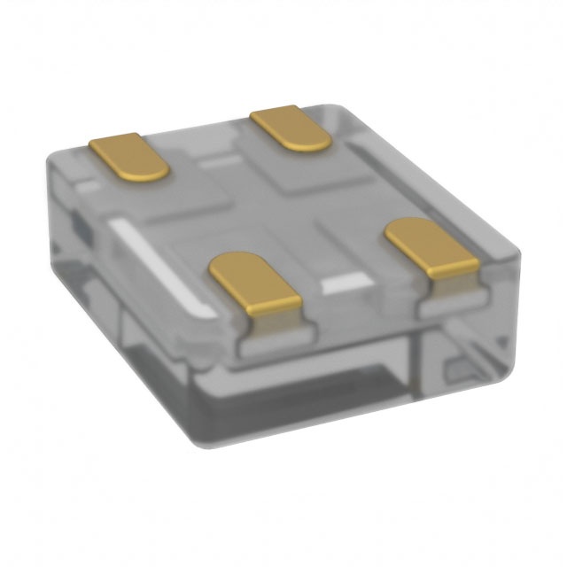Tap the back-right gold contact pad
click(x=291, y=128)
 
